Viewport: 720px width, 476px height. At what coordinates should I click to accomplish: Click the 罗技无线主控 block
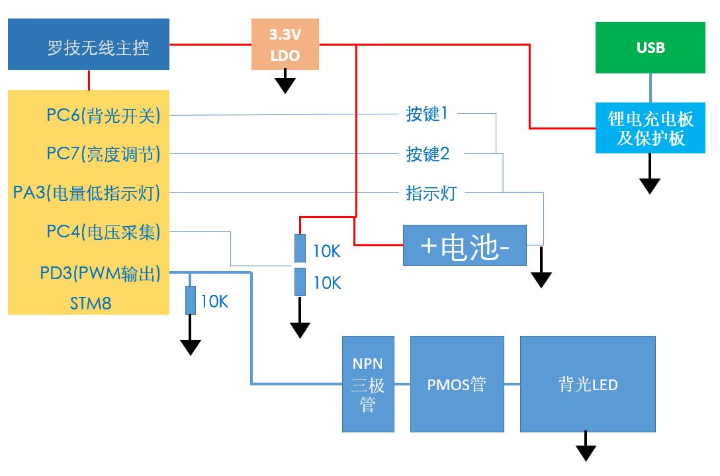click(x=89, y=44)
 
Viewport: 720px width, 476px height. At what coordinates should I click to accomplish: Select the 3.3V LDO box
click(x=285, y=45)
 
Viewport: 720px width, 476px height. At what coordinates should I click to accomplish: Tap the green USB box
click(x=650, y=48)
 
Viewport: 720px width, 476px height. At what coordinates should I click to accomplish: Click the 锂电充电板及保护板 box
click(x=650, y=128)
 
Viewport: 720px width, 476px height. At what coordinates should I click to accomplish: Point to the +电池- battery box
click(x=465, y=246)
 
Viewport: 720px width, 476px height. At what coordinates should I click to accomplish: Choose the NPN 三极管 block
click(x=368, y=384)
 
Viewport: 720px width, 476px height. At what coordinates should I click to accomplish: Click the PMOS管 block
click(x=457, y=384)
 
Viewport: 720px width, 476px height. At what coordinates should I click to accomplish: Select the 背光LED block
click(x=588, y=384)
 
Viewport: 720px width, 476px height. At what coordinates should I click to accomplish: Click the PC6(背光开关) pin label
click(x=103, y=115)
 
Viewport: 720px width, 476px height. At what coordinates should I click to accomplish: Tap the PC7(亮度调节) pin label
click(x=103, y=154)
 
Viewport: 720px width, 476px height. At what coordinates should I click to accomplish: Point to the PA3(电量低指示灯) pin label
click(x=87, y=193)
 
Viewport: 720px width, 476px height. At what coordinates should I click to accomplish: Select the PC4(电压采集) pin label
click(x=103, y=232)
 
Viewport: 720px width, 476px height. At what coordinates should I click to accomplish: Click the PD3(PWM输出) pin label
click(x=100, y=273)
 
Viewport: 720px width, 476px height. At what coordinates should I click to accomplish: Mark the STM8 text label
click(x=90, y=303)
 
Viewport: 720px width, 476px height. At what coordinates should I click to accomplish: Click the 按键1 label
click(x=427, y=114)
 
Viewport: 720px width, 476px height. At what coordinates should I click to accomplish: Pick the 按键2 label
click(x=427, y=154)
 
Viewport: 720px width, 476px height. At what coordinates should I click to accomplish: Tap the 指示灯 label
click(x=431, y=193)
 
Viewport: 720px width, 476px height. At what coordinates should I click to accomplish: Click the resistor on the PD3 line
click(x=191, y=301)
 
